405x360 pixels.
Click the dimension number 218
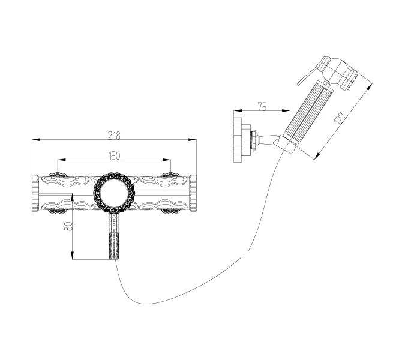(x=115, y=134)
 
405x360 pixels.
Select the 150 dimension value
(x=114, y=155)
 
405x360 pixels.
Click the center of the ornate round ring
(x=114, y=193)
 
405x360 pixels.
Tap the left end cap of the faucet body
(x=35, y=193)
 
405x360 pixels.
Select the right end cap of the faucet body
(x=193, y=193)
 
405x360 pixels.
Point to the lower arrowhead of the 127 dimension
(x=315, y=157)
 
